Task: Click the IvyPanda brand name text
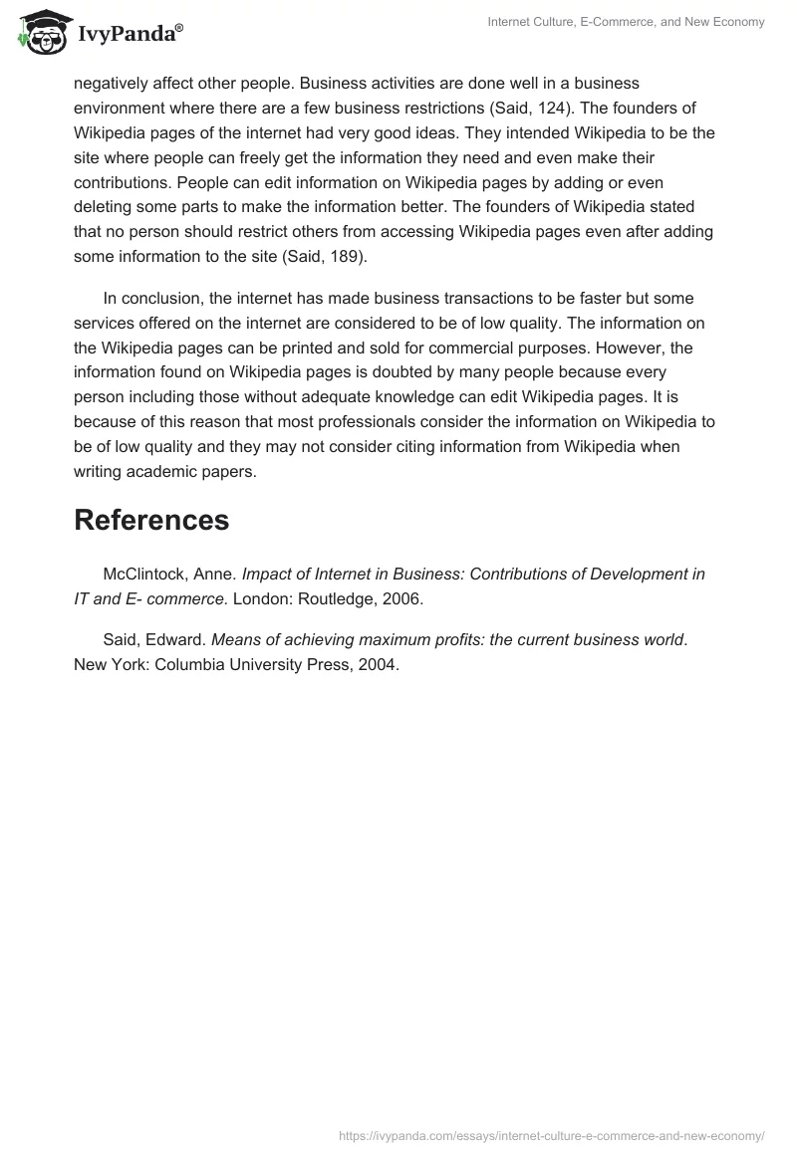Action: [x=130, y=34]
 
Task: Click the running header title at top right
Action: [x=626, y=23]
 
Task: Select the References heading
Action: [x=151, y=520]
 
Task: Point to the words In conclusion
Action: [x=147, y=298]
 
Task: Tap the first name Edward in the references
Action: [x=177, y=640]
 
